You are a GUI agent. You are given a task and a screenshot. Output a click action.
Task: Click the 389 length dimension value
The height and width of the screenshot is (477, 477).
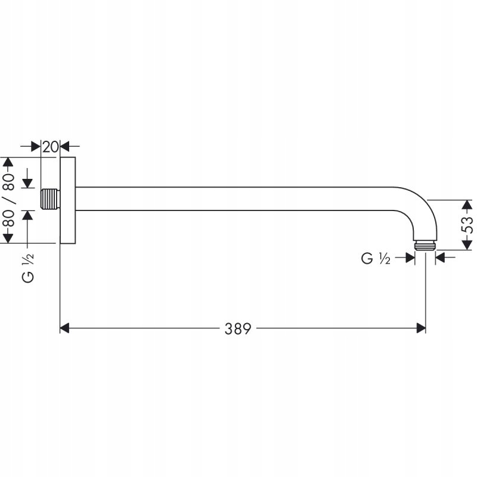click(237, 329)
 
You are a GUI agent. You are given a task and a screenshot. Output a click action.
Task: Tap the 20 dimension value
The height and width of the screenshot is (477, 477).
click(50, 147)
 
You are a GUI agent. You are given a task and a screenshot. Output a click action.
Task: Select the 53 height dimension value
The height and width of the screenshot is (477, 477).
click(467, 225)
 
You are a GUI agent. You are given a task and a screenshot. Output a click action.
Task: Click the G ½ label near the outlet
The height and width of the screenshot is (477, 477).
click(376, 259)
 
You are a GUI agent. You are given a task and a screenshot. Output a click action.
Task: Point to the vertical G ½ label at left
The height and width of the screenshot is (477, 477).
click(28, 268)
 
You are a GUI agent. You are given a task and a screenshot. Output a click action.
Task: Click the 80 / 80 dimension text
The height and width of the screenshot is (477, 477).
click(8, 200)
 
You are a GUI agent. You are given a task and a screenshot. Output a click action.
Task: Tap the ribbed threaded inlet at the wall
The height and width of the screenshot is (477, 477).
click(51, 199)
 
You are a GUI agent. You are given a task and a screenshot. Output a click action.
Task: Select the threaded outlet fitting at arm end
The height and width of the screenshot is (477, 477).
click(425, 246)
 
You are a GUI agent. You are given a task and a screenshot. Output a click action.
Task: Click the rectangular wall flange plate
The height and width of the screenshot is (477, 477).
click(68, 200)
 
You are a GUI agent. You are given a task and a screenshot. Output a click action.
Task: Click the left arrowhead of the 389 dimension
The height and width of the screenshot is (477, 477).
click(65, 329)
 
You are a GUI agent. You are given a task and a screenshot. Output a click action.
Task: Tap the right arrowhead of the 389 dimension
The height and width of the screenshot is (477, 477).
click(421, 329)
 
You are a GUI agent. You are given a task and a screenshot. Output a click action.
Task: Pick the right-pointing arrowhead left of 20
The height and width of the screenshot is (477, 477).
click(36, 146)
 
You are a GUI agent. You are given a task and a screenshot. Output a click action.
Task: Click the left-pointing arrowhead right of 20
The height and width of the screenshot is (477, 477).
click(65, 146)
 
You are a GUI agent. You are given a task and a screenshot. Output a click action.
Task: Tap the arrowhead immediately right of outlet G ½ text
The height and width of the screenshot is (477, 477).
click(410, 258)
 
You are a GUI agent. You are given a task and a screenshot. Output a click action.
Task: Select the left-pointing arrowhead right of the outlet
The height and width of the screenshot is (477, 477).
click(441, 258)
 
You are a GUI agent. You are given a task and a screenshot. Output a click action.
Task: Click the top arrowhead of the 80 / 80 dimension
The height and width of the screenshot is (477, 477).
click(8, 162)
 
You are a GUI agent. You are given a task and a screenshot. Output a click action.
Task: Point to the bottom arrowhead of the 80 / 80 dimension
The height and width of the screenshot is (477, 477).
click(8, 238)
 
